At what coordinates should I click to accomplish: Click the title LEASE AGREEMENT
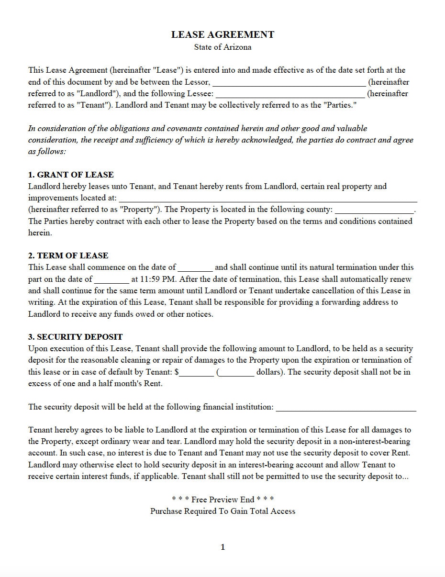pos(222,34)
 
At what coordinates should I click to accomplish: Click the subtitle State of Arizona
pos(222,47)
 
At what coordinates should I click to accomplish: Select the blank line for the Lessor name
pos(289,82)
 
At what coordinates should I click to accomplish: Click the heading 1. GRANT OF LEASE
pos(71,175)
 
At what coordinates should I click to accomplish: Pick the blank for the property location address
pos(267,199)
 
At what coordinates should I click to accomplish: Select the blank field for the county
pos(374,210)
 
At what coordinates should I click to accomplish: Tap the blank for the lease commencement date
pos(195,268)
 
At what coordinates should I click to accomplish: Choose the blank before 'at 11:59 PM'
pos(111,279)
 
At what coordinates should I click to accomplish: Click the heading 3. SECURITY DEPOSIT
pos(75,337)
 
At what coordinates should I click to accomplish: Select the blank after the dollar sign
pos(197,373)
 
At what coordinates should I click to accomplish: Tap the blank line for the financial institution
pos(346,408)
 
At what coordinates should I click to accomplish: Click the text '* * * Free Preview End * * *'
pos(222,499)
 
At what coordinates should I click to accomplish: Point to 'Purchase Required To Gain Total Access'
pos(222,511)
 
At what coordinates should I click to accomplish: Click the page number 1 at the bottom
pos(222,547)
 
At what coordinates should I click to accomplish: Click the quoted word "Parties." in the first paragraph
pos(340,105)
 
